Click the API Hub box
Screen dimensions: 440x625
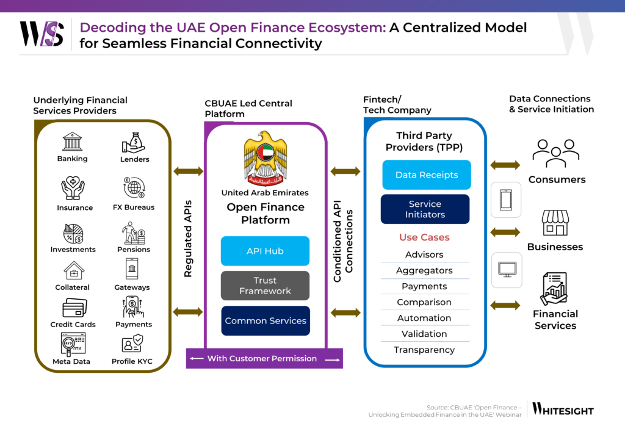[265, 251]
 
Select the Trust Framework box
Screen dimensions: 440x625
[265, 286]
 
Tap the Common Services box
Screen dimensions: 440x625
[265, 320]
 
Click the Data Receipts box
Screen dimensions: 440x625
[426, 175]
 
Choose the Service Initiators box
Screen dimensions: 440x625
[425, 209]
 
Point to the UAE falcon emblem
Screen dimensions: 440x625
[264, 157]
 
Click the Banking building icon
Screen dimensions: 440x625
[72, 142]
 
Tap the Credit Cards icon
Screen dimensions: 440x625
[73, 308]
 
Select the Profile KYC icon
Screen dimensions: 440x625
[132, 343]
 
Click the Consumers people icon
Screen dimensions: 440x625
[556, 153]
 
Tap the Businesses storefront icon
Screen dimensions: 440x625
[555, 223]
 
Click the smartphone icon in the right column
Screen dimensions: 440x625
[506, 200]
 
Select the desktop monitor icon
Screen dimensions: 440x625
[507, 269]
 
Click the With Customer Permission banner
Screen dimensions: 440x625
[264, 359]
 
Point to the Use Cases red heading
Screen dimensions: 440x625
[424, 237]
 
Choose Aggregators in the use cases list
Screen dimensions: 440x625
[424, 270]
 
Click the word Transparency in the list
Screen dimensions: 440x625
[424, 350]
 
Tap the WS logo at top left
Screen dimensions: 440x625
[42, 34]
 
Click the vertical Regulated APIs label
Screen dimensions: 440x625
[189, 239]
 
